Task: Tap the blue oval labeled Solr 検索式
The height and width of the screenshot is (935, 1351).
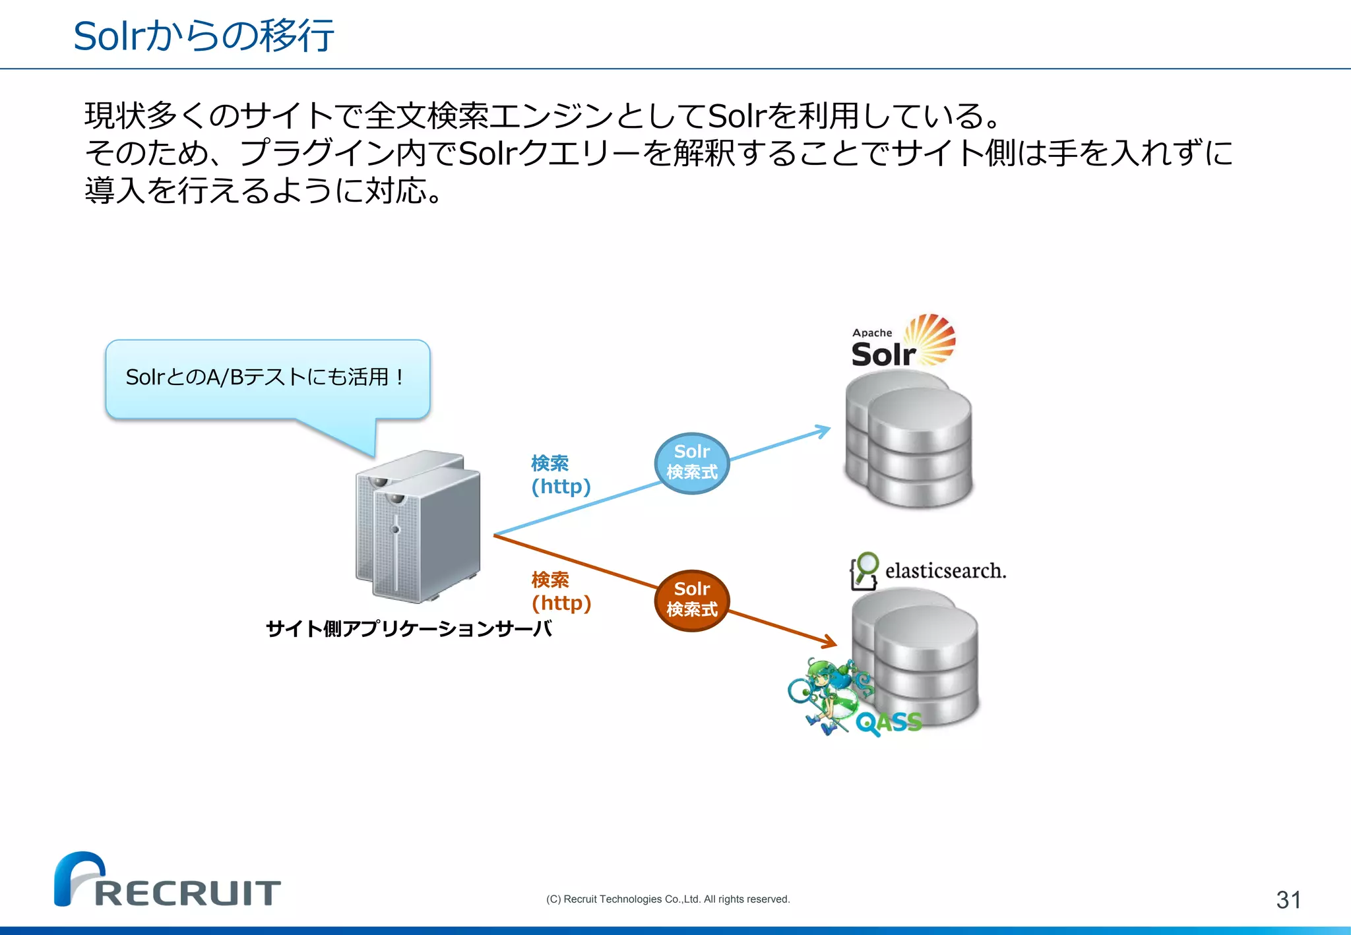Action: pyautogui.click(x=691, y=463)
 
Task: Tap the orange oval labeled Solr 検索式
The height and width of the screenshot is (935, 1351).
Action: pyautogui.click(x=691, y=600)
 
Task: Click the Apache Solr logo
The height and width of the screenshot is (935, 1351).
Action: pyautogui.click(x=902, y=342)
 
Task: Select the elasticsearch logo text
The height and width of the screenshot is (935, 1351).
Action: pyautogui.click(x=945, y=571)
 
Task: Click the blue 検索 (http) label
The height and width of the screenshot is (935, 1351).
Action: pyautogui.click(x=561, y=475)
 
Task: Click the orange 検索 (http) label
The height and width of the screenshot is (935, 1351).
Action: pyautogui.click(x=561, y=591)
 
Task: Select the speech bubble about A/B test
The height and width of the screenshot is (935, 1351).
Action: pyautogui.click(x=267, y=378)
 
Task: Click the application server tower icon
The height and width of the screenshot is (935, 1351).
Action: pyautogui.click(x=418, y=526)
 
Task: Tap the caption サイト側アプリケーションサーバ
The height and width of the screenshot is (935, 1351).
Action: pyautogui.click(x=408, y=628)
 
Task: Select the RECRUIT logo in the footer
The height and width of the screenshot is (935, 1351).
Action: pyautogui.click(x=168, y=881)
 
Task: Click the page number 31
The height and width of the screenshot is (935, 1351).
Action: pyautogui.click(x=1288, y=899)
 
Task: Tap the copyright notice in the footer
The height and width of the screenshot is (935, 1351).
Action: pyautogui.click(x=668, y=899)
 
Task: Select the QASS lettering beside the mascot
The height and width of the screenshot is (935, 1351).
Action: pyautogui.click(x=889, y=723)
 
